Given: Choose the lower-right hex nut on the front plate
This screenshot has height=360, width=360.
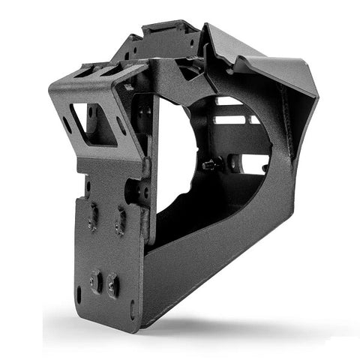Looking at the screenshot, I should (x=113, y=284).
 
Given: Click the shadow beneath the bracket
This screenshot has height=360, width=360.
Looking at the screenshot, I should (x=225, y=315).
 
